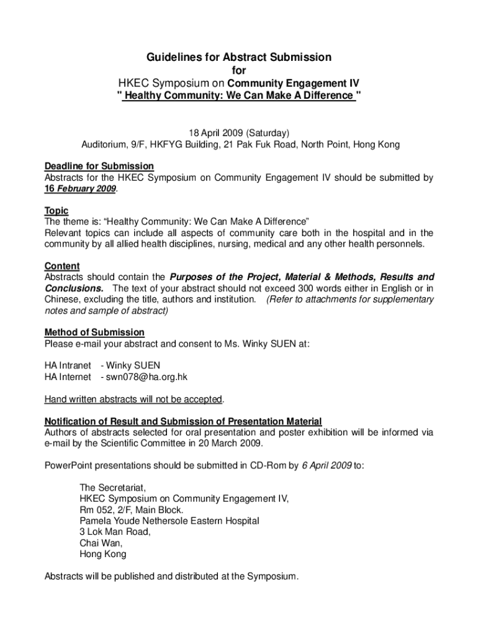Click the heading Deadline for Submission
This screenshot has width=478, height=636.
(99, 166)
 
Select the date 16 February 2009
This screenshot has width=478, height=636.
(79, 189)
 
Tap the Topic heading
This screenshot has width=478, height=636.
(56, 211)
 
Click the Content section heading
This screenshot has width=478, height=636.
(62, 266)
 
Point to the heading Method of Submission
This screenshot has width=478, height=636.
(94, 332)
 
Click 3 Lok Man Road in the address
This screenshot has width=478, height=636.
(115, 532)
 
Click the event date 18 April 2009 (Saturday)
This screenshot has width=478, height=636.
(239, 134)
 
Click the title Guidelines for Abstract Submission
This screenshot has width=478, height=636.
(239, 58)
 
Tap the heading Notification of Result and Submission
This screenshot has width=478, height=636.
(183, 421)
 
